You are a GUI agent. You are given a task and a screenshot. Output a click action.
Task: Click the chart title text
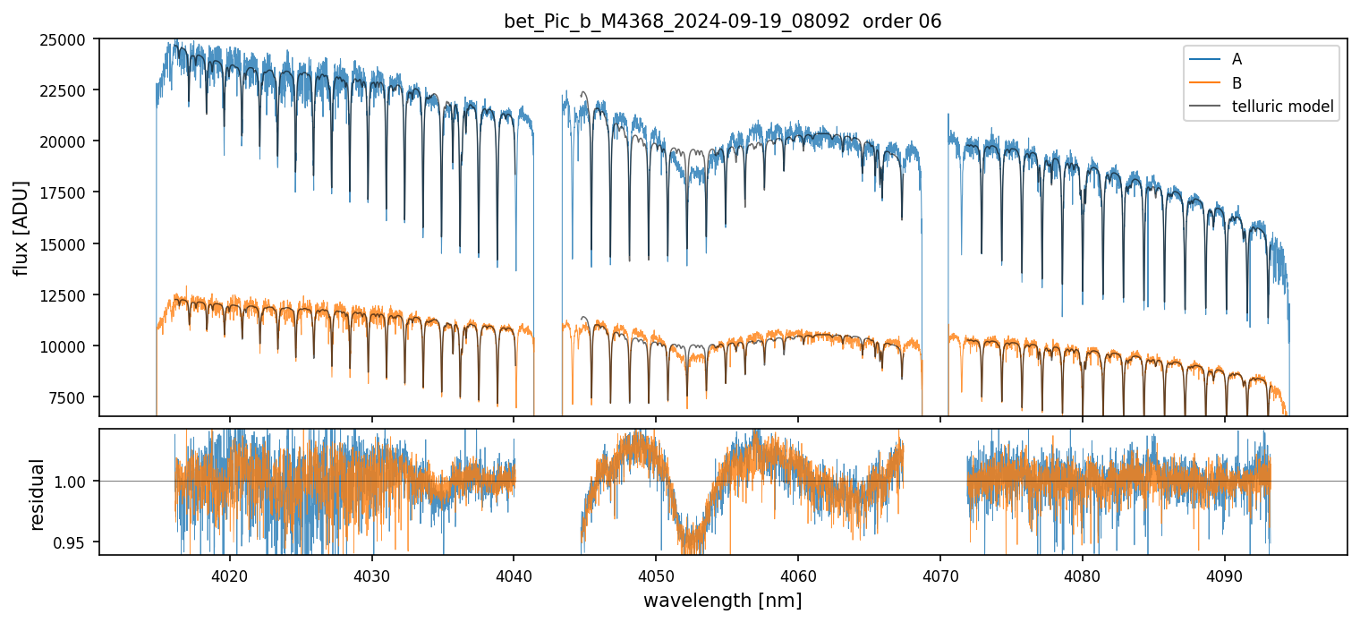[x=722, y=21]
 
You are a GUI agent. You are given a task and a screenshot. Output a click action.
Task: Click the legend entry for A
[x=1237, y=59]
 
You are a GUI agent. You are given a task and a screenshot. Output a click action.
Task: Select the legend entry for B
[x=1237, y=83]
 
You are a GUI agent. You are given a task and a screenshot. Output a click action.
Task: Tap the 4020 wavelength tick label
[x=230, y=573]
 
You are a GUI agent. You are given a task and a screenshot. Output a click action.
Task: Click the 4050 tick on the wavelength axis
[x=656, y=573]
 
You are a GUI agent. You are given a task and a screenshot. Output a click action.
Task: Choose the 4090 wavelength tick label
[x=1224, y=573]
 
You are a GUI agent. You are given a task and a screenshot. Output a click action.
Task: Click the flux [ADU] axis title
[x=21, y=227]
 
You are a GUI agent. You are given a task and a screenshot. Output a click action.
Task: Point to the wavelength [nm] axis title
[x=722, y=600]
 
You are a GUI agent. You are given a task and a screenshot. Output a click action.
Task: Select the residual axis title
[x=38, y=493]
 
